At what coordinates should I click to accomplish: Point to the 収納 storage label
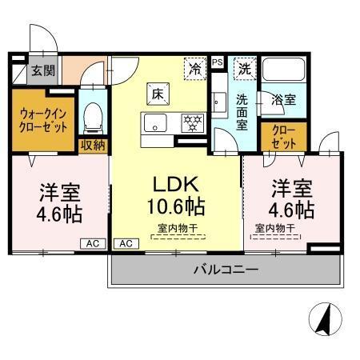point(93,145)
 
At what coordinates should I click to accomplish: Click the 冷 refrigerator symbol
point(194,69)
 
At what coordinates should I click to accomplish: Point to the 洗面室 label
point(242,113)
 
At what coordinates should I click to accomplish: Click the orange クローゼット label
point(282,136)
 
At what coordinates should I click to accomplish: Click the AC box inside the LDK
point(125,243)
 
